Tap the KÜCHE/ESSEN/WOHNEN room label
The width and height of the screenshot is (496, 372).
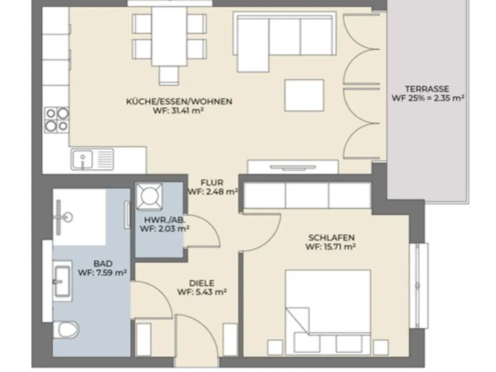[179, 102]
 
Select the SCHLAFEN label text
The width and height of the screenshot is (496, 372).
[331, 238]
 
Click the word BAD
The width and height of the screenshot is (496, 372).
[103, 263]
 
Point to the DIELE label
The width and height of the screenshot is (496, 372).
[201, 283]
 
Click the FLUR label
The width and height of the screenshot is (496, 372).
[212, 183]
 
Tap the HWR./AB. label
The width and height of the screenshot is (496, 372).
[165, 220]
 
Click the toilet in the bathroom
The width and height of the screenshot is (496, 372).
[65, 330]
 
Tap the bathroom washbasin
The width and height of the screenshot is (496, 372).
[62, 279]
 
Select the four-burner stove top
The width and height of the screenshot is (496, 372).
[57, 120]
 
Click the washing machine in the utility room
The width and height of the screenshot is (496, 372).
[149, 196]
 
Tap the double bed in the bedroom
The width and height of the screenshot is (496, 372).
[328, 312]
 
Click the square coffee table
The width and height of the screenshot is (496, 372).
[304, 95]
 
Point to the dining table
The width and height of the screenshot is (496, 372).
[169, 36]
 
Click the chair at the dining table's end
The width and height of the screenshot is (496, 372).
[169, 76]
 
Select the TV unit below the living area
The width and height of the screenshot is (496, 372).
[293, 167]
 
